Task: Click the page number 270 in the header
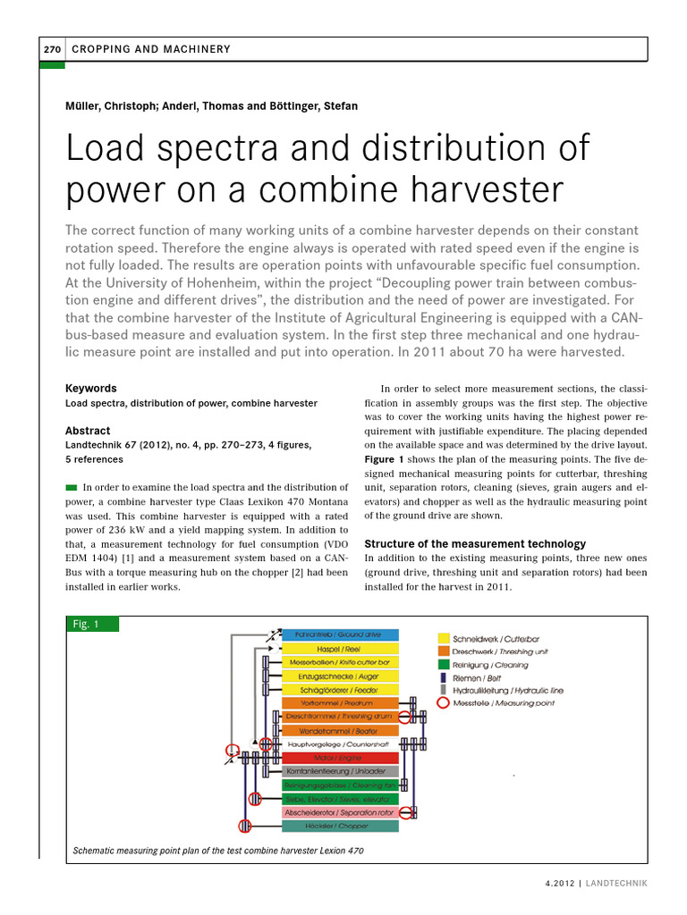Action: coord(52,49)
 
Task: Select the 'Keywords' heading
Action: coord(91,389)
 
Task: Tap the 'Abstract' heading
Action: coord(88,431)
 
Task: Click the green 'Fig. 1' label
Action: coord(85,625)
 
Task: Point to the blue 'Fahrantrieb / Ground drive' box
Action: coord(340,634)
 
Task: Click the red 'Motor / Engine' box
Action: coord(340,758)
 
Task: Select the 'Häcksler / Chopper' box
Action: coord(340,827)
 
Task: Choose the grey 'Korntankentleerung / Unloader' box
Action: coord(340,771)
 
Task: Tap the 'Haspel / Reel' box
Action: coord(340,648)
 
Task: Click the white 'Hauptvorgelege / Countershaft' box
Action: coord(340,743)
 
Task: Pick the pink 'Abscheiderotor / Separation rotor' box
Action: coord(340,812)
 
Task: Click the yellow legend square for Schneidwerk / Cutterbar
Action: coord(443,639)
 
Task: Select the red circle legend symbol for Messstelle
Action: coord(443,703)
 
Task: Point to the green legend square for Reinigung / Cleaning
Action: coord(443,665)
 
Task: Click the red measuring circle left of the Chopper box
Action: coord(245,827)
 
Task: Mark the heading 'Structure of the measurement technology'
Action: coord(475,543)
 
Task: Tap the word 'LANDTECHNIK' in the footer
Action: coord(617,883)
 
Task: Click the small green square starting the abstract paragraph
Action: coord(72,487)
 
